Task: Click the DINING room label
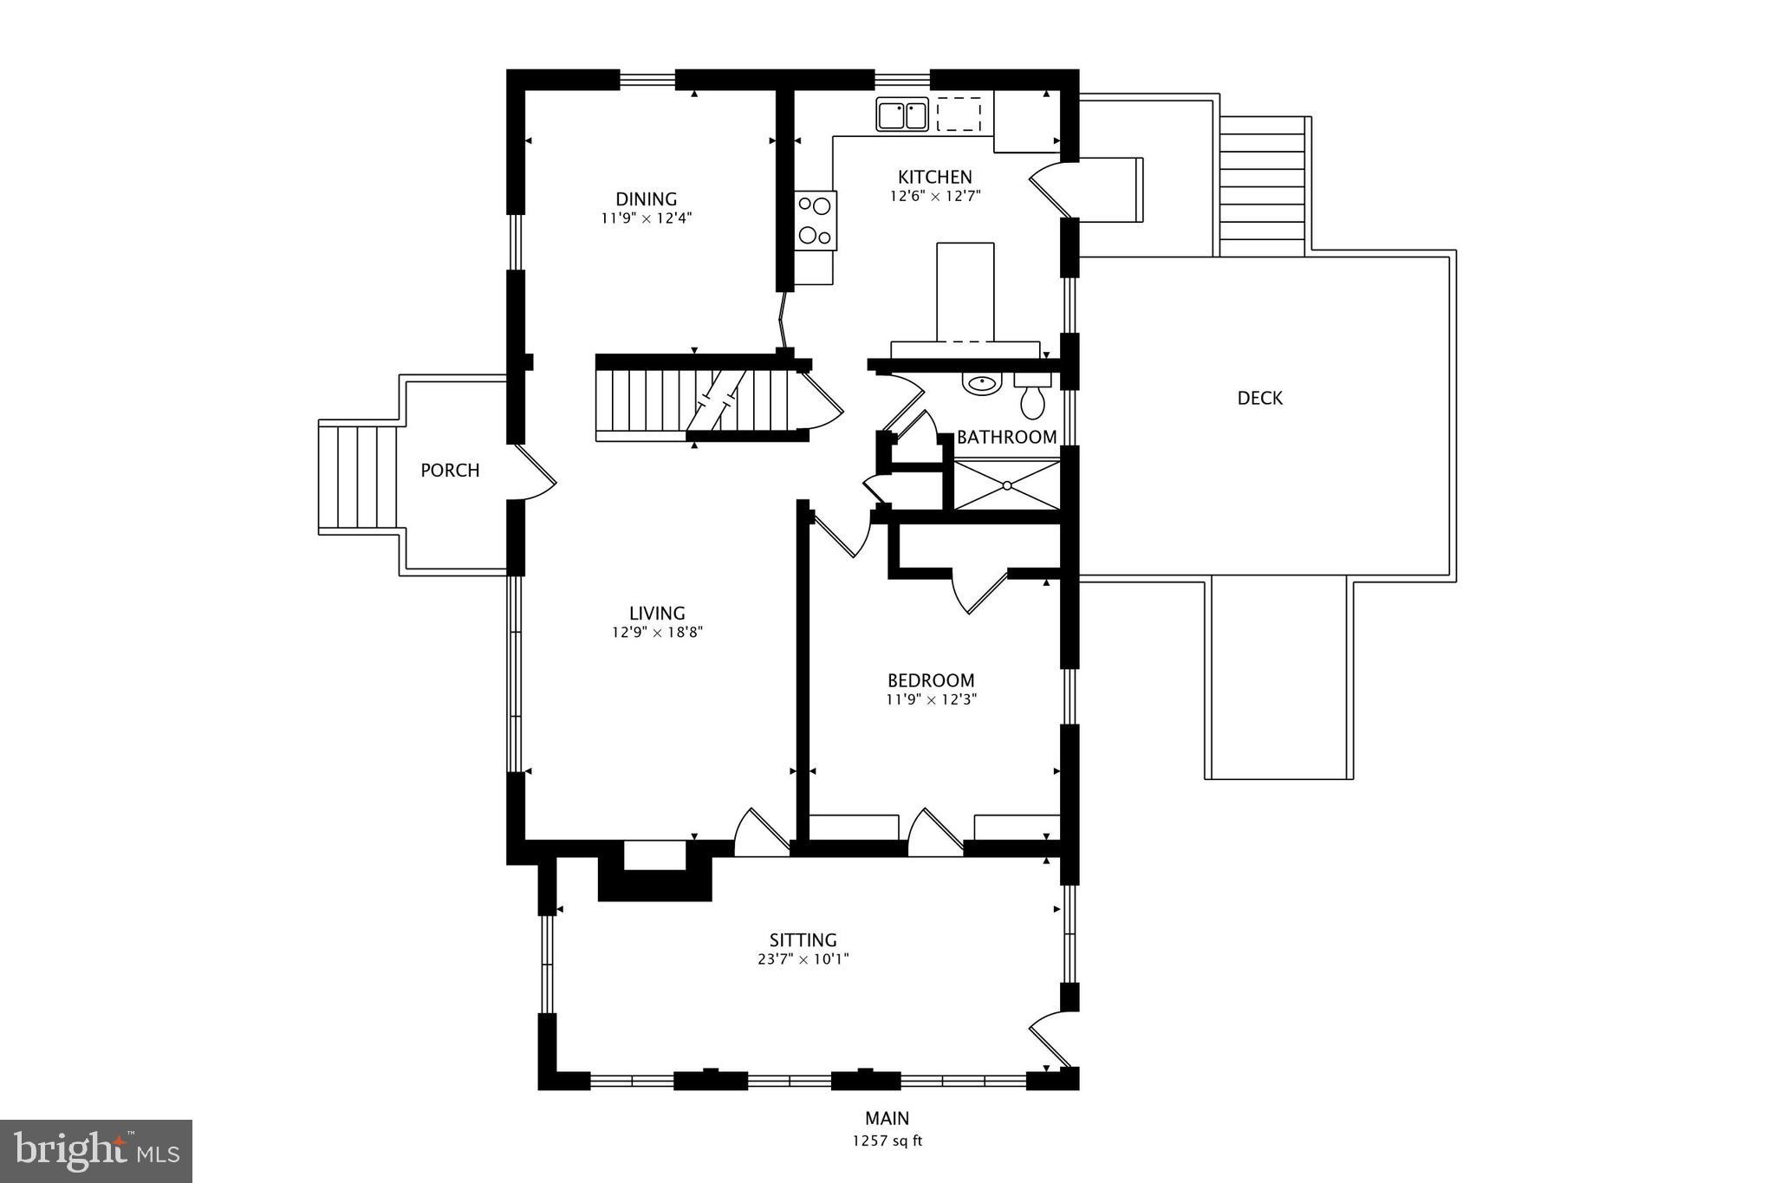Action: click(x=646, y=199)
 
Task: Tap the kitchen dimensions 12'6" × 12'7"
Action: click(x=934, y=196)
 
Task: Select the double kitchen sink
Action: click(x=902, y=114)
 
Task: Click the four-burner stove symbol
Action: click(x=816, y=220)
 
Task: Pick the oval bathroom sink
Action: click(x=981, y=382)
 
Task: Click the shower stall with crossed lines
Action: click(x=1007, y=485)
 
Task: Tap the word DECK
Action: click(x=1259, y=398)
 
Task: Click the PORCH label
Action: click(x=450, y=470)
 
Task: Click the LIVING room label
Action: click(x=657, y=614)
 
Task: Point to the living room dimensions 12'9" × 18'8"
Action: click(x=657, y=633)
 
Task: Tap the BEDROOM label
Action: click(x=931, y=680)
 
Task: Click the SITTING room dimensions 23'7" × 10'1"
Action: click(x=803, y=959)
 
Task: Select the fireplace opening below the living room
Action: click(x=655, y=855)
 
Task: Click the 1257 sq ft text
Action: click(x=887, y=1141)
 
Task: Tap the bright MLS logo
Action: click(x=96, y=1151)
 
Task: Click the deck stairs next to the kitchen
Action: click(x=1262, y=186)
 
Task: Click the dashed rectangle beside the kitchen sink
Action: click(x=959, y=114)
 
